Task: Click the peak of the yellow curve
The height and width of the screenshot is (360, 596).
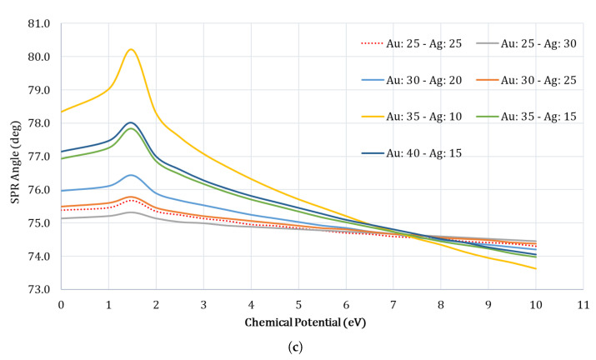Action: click(x=131, y=49)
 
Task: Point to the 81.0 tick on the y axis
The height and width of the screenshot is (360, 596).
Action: click(x=39, y=23)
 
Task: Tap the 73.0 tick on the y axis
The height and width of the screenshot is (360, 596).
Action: click(x=39, y=289)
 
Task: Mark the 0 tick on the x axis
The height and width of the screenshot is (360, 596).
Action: click(x=61, y=304)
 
